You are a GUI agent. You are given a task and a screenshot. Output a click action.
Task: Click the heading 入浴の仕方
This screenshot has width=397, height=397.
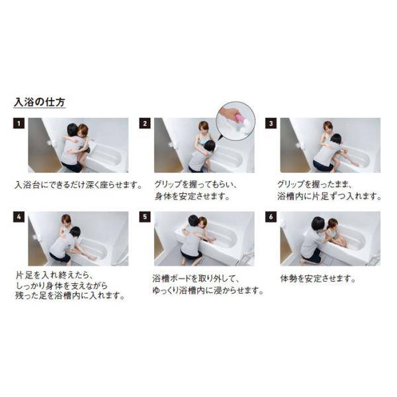40,103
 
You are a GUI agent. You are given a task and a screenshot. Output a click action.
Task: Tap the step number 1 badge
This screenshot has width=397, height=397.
19,123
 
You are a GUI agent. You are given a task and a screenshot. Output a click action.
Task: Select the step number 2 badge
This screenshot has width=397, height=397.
145,123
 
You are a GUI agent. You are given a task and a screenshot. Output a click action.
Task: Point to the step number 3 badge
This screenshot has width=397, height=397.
271,123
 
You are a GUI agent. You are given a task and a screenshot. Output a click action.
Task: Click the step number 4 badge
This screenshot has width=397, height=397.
19,217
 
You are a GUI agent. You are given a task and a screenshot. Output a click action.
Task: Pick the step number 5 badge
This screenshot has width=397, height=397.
145,217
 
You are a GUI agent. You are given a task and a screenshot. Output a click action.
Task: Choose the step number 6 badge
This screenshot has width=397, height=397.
271,217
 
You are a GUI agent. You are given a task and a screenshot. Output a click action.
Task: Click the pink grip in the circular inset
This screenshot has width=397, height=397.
240,118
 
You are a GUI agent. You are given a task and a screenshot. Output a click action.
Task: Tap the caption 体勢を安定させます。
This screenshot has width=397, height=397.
318,279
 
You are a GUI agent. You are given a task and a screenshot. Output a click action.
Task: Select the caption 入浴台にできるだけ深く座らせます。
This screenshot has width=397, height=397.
79,185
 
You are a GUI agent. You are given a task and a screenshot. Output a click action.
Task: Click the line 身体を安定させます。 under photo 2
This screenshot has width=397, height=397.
192,197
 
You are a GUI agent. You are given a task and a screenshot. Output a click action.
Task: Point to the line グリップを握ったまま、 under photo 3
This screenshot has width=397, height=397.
314,185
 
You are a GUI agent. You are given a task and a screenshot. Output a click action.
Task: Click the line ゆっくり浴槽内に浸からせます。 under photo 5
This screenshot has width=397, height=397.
208,290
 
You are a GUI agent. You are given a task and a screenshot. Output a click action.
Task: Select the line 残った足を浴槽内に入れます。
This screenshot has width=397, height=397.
70,296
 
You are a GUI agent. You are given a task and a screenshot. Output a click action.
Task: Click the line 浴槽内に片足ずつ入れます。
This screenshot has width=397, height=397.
329,197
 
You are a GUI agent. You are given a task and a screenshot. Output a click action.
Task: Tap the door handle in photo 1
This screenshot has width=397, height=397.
52,144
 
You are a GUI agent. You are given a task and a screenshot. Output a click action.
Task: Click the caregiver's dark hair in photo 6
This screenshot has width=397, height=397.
318,223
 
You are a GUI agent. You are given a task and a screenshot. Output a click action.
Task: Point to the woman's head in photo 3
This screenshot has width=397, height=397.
328,127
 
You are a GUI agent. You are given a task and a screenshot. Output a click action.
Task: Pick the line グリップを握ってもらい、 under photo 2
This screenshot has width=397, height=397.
195,185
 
